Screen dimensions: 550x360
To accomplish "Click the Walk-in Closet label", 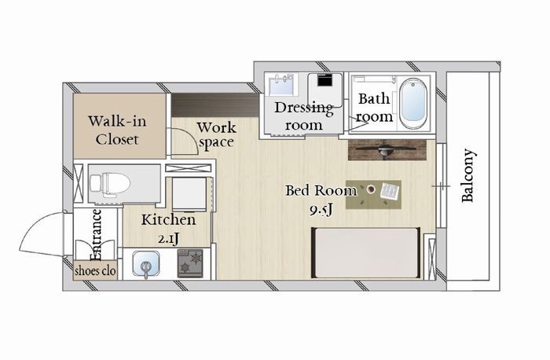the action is pyautogui.click(x=117, y=130).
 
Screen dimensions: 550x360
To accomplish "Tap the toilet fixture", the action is pyautogui.click(x=110, y=183).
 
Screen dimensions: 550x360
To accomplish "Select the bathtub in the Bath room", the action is pyautogui.click(x=414, y=104).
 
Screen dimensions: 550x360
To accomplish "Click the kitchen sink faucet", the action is pyautogui.click(x=145, y=268).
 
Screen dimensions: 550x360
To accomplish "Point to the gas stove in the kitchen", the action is pyautogui.click(x=190, y=263).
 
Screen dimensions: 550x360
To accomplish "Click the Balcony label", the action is pyautogui.click(x=468, y=176).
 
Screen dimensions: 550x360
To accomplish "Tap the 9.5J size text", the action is pyautogui.click(x=321, y=210).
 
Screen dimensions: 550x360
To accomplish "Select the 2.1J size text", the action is pyautogui.click(x=168, y=239).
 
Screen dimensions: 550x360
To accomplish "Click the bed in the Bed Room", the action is pyautogui.click(x=366, y=252).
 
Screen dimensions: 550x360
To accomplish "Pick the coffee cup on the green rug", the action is pyautogui.click(x=370, y=189).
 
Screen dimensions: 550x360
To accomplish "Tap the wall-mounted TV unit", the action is pyautogui.click(x=387, y=150).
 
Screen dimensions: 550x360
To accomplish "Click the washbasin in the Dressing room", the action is pyautogui.click(x=281, y=84).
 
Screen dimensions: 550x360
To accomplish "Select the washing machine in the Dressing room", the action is pyautogui.click(x=325, y=90).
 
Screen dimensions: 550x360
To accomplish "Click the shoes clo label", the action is pyautogui.click(x=95, y=270).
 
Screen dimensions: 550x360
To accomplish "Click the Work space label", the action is pyautogui.click(x=216, y=135).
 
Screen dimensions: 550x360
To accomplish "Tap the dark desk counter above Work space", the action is pyautogui.click(x=214, y=105).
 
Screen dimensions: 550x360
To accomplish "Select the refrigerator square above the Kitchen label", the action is pyautogui.click(x=189, y=193).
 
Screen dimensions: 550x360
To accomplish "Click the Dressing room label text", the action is pyautogui.click(x=304, y=116).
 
